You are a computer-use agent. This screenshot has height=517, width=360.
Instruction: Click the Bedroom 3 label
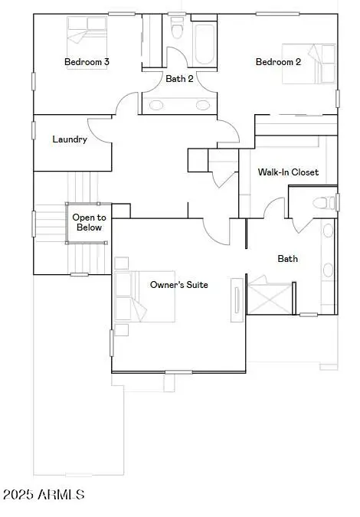[86, 61]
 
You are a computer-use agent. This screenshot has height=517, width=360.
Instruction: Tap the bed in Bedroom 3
[87, 31]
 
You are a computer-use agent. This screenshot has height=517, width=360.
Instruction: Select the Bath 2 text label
[179, 78]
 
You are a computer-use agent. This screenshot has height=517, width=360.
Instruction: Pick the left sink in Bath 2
[155, 105]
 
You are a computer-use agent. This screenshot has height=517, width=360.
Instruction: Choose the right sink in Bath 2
[204, 105]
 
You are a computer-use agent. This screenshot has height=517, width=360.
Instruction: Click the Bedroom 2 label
[278, 61]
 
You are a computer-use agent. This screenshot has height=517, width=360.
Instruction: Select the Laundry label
[69, 139]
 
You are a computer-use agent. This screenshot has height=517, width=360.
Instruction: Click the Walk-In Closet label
[288, 172]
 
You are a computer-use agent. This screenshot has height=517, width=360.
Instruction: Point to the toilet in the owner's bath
[325, 202]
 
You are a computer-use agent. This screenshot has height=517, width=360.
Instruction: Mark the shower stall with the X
[270, 297]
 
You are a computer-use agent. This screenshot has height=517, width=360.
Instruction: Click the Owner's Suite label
[178, 285]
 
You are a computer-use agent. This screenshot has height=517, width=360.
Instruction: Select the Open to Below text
[88, 222]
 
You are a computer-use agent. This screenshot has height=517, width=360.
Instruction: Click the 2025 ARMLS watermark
[43, 496]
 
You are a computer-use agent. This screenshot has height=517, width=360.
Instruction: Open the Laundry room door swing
[101, 130]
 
